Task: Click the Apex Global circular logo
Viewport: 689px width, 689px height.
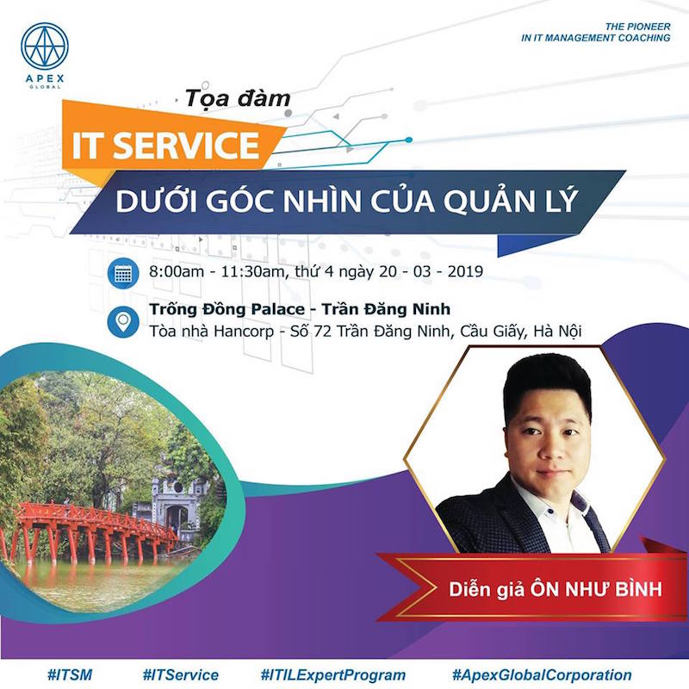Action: coord(45,47)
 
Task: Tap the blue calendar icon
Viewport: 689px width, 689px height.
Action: coord(123,273)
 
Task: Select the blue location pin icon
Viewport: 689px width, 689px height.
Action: coord(123,321)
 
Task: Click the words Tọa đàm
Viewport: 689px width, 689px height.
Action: coord(238,98)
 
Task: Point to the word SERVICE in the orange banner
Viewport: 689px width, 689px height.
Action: coord(187,145)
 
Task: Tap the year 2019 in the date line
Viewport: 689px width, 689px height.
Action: coord(465,271)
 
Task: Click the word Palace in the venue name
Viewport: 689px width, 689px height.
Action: coord(277,309)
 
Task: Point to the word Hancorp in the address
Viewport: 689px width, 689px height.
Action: coord(244,332)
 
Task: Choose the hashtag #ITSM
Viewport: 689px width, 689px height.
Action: coord(70,674)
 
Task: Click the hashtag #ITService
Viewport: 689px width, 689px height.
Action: coord(181,674)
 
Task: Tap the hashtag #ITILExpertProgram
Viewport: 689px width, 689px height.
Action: coord(332,674)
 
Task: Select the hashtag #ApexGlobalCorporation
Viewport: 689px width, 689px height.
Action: coord(542,674)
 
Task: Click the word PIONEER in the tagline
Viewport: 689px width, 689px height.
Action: coord(648,27)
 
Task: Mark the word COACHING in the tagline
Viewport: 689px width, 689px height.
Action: coord(644,38)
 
